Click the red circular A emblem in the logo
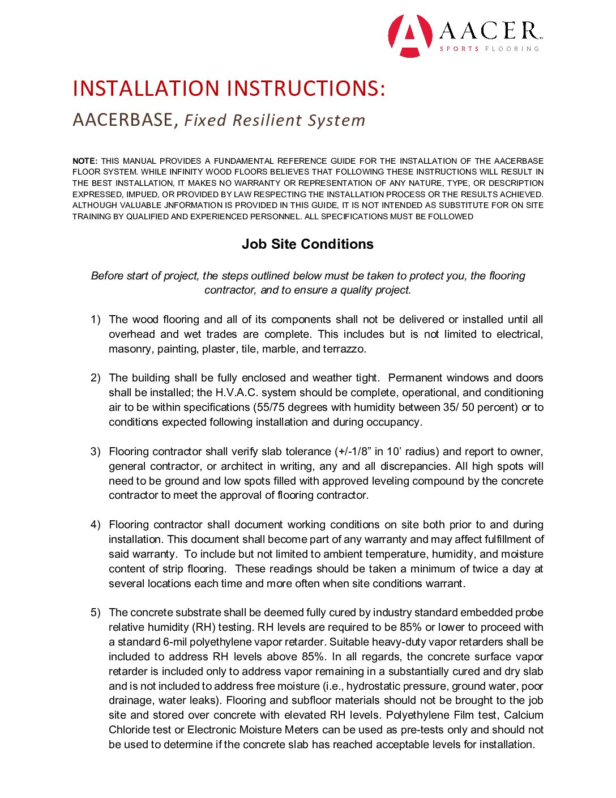click(x=410, y=36)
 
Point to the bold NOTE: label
click(x=85, y=161)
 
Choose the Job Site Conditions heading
click(x=307, y=244)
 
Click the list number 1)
click(x=96, y=320)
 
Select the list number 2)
click(x=96, y=378)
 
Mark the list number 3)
click(x=96, y=452)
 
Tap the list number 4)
click(x=96, y=525)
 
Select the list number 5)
click(x=96, y=613)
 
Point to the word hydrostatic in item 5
click(x=373, y=686)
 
